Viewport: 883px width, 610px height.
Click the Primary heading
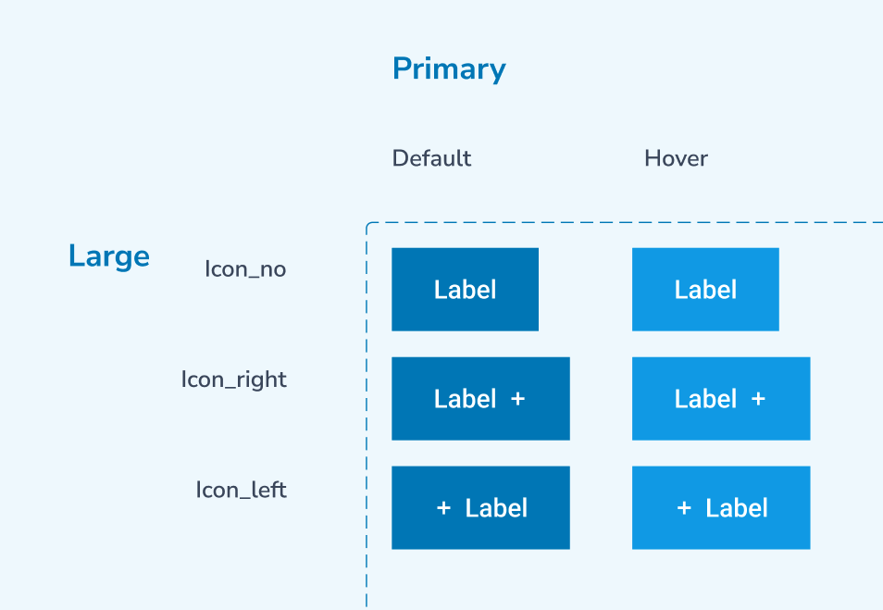click(449, 69)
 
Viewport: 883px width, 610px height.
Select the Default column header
click(431, 158)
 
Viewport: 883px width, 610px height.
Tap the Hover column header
click(676, 158)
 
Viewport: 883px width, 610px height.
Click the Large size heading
click(109, 256)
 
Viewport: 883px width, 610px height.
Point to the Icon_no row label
click(245, 269)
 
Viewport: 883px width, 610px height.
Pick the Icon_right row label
click(233, 380)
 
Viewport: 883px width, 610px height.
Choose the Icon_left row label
click(241, 490)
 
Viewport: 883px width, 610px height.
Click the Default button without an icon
click(466, 290)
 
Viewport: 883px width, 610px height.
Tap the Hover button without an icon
click(705, 290)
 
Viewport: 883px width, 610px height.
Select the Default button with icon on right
click(481, 399)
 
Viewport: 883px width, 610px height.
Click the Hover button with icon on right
click(721, 399)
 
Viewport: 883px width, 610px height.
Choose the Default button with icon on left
click(481, 507)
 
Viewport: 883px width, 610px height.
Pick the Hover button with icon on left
click(721, 507)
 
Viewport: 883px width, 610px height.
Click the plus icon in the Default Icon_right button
click(518, 399)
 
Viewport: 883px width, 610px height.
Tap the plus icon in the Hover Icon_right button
click(759, 399)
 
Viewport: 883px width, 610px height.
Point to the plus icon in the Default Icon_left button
click(443, 508)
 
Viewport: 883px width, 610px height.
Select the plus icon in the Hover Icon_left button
click(684, 508)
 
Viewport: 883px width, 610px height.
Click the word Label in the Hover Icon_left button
click(737, 508)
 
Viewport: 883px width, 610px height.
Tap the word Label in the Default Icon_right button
click(466, 399)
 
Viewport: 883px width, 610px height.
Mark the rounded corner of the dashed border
click(369, 225)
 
